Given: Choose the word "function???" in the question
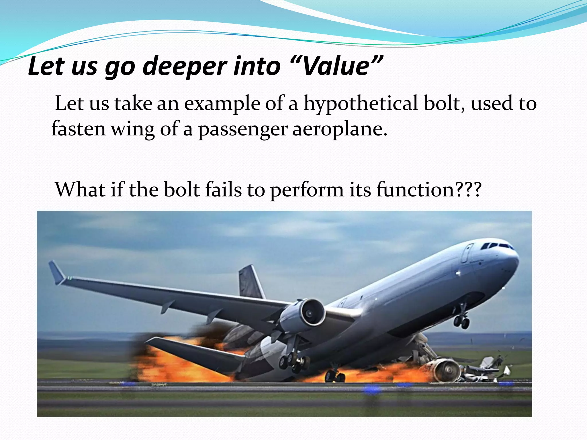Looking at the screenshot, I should tap(428, 189).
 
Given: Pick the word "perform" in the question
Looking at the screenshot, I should tap(307, 190).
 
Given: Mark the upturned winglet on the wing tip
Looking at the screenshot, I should tap(57, 272).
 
